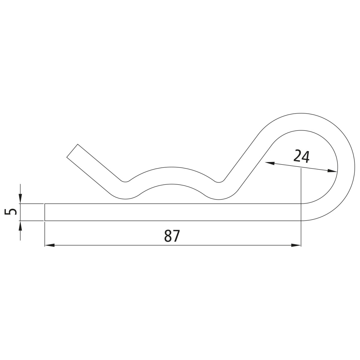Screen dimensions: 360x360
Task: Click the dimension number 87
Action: click(x=172, y=236)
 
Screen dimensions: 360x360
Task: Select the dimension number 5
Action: click(x=10, y=212)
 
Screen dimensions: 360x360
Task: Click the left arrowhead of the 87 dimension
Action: click(x=49, y=245)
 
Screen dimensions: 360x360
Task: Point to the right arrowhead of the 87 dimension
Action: click(x=296, y=245)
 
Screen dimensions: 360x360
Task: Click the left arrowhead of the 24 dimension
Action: click(x=270, y=163)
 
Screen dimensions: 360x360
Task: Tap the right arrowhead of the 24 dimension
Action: click(x=332, y=171)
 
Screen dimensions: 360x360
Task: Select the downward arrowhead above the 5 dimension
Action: click(x=20, y=199)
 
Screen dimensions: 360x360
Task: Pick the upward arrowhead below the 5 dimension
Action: click(x=20, y=226)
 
